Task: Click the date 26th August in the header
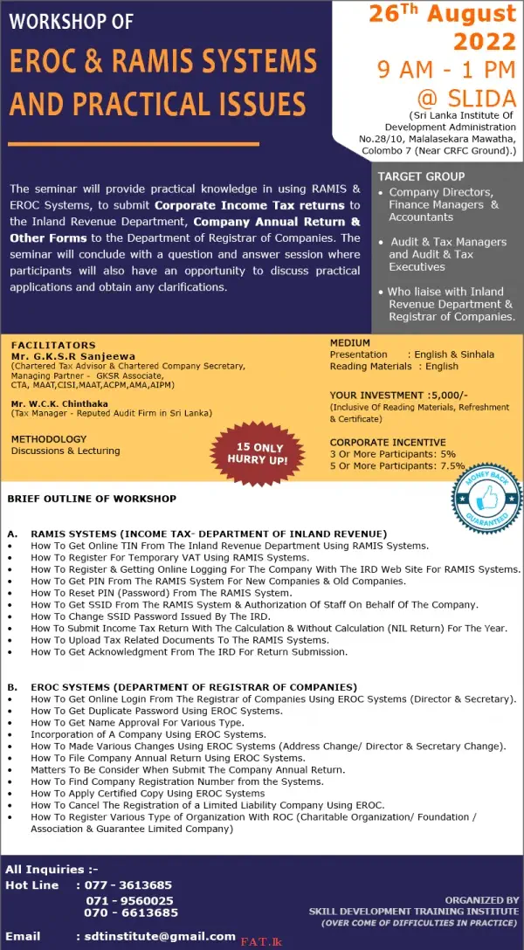pos(442,15)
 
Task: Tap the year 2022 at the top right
pos(485,41)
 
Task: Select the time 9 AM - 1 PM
pos(446,69)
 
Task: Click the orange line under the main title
pos(134,144)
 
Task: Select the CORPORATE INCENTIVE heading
pos(388,443)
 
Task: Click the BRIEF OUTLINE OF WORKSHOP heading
pos(92,499)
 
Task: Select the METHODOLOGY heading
pos(49,438)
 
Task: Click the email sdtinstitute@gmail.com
pos(155,936)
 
